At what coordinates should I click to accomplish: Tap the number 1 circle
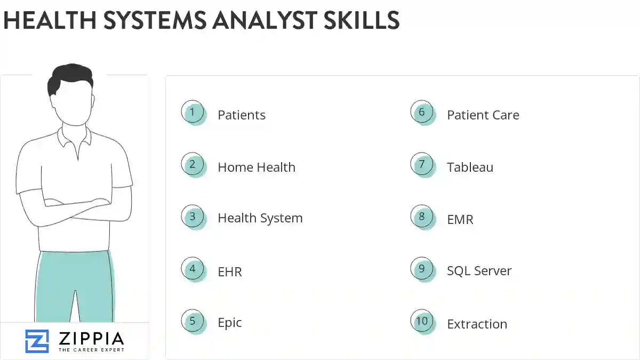(193, 112)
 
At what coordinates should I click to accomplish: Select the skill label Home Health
(256, 167)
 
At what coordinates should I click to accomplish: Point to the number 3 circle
(193, 217)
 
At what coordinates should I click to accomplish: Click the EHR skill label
(229, 271)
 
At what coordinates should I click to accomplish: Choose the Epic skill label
(229, 323)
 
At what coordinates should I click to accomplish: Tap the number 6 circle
(422, 112)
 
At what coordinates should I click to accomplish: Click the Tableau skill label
(470, 167)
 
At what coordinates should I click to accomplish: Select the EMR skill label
(460, 219)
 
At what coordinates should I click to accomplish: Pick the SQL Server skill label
(479, 271)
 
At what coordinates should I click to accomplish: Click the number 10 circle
(422, 321)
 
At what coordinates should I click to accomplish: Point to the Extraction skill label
(477, 324)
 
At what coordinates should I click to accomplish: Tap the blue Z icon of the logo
(37, 341)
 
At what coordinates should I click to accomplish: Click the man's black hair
(69, 78)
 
